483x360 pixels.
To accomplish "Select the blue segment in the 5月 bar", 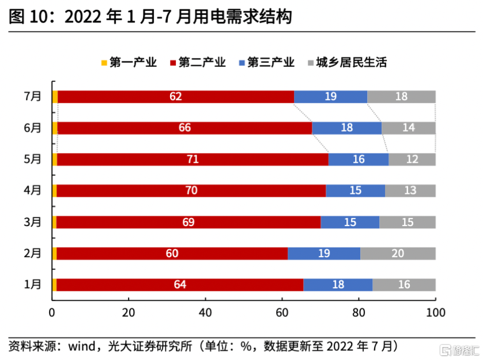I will tap(358, 159).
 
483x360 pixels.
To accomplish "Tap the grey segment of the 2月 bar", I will tap(398, 253).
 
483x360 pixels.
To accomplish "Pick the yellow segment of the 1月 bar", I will tap(54, 284).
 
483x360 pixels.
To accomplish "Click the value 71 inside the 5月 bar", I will tap(193, 159).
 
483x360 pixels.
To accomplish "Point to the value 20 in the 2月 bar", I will tap(398, 253).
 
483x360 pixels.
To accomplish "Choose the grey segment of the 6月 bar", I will tap(408, 128).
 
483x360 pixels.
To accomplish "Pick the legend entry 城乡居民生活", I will tap(346, 62).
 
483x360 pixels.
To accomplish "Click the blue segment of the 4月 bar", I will tap(355, 190).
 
